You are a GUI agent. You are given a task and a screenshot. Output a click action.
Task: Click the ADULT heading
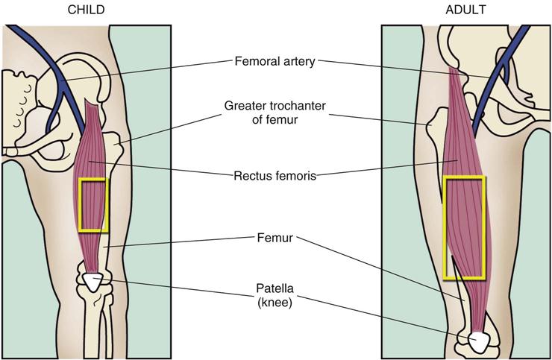[465, 10]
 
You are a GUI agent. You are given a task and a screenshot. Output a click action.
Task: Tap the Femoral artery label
[275, 60]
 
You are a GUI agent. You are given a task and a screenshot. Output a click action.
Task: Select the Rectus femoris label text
[275, 177]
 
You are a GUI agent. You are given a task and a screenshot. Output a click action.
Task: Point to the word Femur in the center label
[275, 239]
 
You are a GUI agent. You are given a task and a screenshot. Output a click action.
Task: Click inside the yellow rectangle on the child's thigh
[94, 204]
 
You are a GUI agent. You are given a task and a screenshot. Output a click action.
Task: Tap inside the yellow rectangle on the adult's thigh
[464, 224]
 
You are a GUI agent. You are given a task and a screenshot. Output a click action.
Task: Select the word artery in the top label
[298, 60]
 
